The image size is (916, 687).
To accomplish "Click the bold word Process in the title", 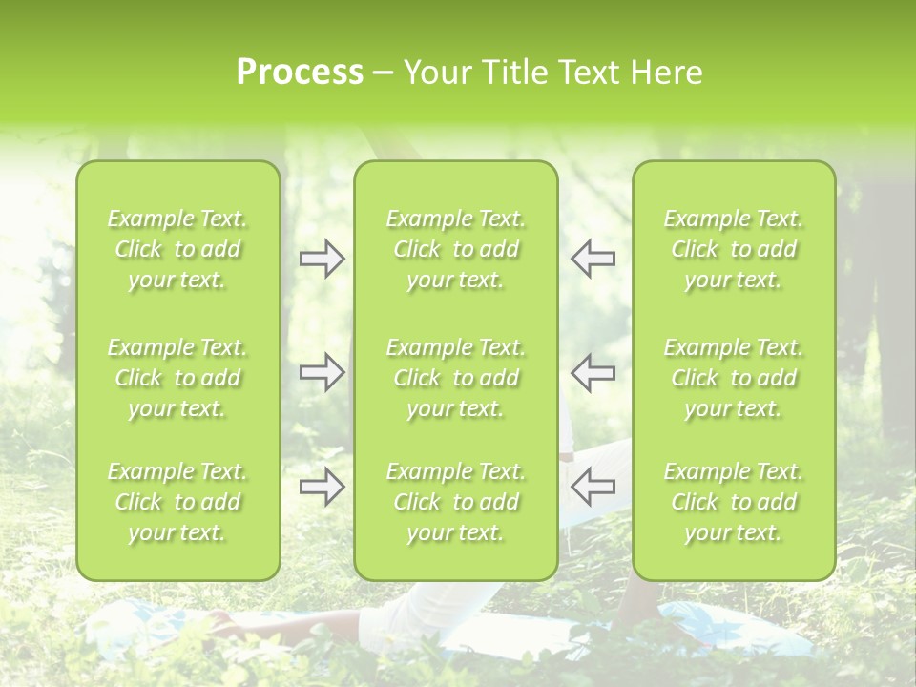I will point(300,73).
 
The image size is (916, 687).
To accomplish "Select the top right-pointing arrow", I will point(322,259).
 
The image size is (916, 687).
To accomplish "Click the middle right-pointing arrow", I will point(322,372).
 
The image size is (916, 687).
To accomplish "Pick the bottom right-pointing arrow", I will point(322,487).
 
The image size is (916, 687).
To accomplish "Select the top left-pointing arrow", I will point(593,259).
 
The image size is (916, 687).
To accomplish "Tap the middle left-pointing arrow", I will point(593,372).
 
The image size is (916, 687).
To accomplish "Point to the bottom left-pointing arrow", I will point(593,487).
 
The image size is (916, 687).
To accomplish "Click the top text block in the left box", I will point(177,249).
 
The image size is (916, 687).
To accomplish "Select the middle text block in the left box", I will point(177,378).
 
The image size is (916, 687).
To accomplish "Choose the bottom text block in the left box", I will point(177,502).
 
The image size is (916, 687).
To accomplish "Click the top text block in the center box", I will point(456,249).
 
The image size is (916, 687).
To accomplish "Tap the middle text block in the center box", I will point(456,378).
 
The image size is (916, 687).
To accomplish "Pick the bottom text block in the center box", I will point(456,502).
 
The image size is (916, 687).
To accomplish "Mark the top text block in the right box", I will point(734,249).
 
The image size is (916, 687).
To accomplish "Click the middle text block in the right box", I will point(734,378).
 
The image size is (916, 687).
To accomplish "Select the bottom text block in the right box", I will point(734,502).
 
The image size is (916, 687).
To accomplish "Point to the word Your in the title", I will point(435,73).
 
